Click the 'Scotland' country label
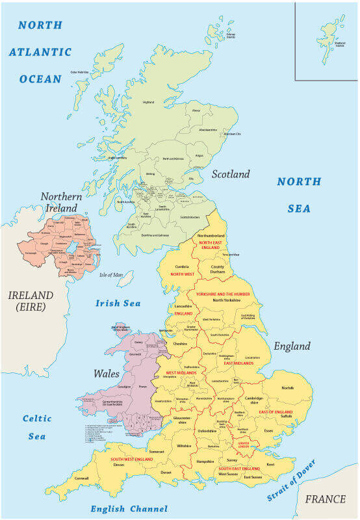pos(231,174)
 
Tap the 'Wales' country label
pos(107,374)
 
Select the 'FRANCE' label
pos(326,499)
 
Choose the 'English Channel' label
pos(129,509)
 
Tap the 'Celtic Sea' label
pos(37,427)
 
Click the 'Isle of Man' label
pos(111,275)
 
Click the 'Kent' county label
pos(270,464)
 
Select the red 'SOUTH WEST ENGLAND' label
pos(132,459)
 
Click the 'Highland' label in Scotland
pos(148,102)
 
